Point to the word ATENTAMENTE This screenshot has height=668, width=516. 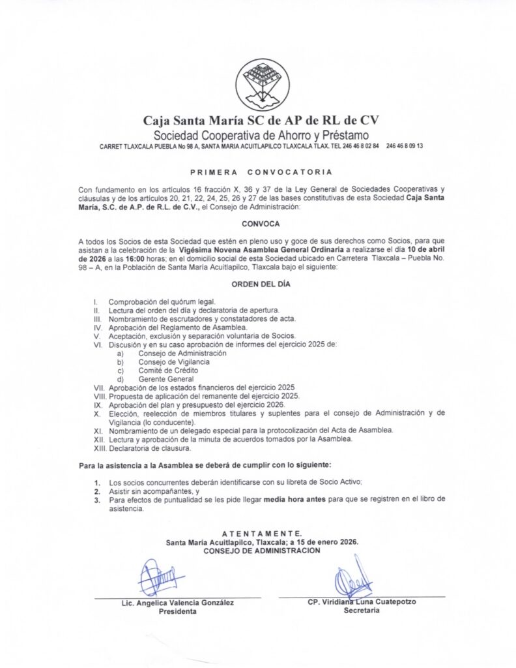coord(261,534)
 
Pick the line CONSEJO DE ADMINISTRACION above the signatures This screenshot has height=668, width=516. coord(261,551)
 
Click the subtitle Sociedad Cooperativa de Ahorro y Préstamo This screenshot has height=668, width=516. coord(261,135)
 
